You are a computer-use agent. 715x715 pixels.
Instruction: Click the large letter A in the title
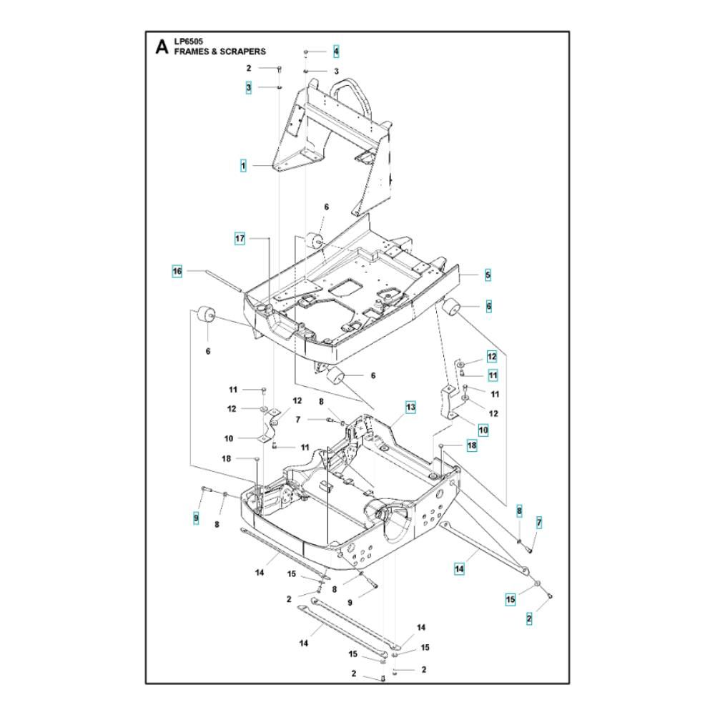[x=162, y=46]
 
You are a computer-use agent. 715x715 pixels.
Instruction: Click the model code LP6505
[x=188, y=41]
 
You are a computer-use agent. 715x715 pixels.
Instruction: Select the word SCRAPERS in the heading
[x=242, y=51]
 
